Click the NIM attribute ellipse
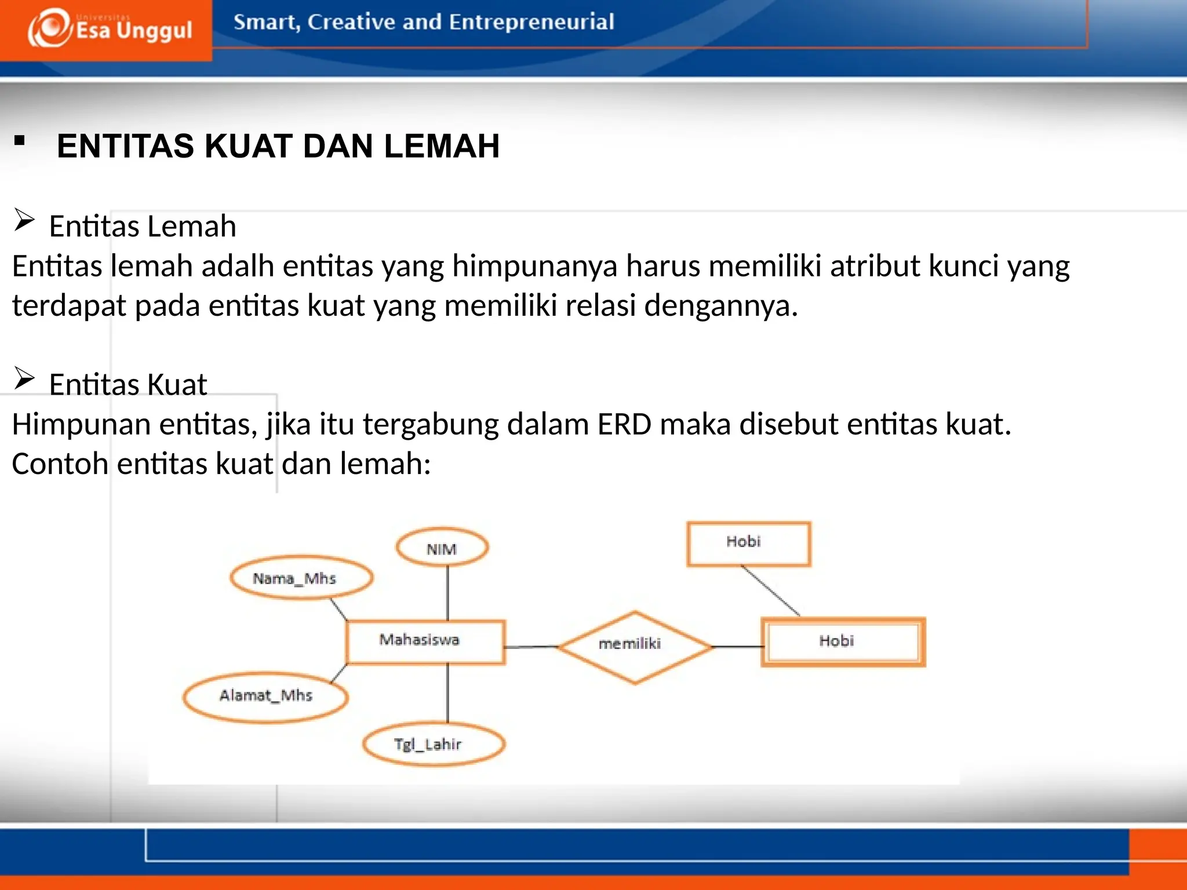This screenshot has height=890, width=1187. (442, 548)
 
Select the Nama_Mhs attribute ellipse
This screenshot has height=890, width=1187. (301, 578)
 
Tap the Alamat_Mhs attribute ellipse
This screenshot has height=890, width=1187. (265, 697)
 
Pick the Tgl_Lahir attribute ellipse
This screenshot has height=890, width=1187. (433, 744)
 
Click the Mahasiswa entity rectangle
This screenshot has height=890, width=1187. (425, 641)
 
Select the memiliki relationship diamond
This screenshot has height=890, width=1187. (634, 646)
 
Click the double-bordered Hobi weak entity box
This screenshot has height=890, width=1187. (843, 642)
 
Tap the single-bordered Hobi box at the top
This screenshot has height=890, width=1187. (748, 543)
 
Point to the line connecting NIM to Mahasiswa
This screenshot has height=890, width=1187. (447, 593)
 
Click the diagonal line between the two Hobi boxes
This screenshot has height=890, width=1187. (771, 591)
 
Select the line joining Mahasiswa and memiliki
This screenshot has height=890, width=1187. (531, 646)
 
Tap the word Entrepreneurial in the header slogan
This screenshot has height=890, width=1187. (531, 22)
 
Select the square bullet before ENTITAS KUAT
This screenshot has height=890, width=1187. (20, 141)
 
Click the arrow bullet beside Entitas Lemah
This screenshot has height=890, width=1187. (24, 221)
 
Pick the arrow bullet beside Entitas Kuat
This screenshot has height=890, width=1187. (24, 379)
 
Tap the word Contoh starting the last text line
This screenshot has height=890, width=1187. (60, 464)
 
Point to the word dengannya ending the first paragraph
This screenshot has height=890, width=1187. (720, 306)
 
